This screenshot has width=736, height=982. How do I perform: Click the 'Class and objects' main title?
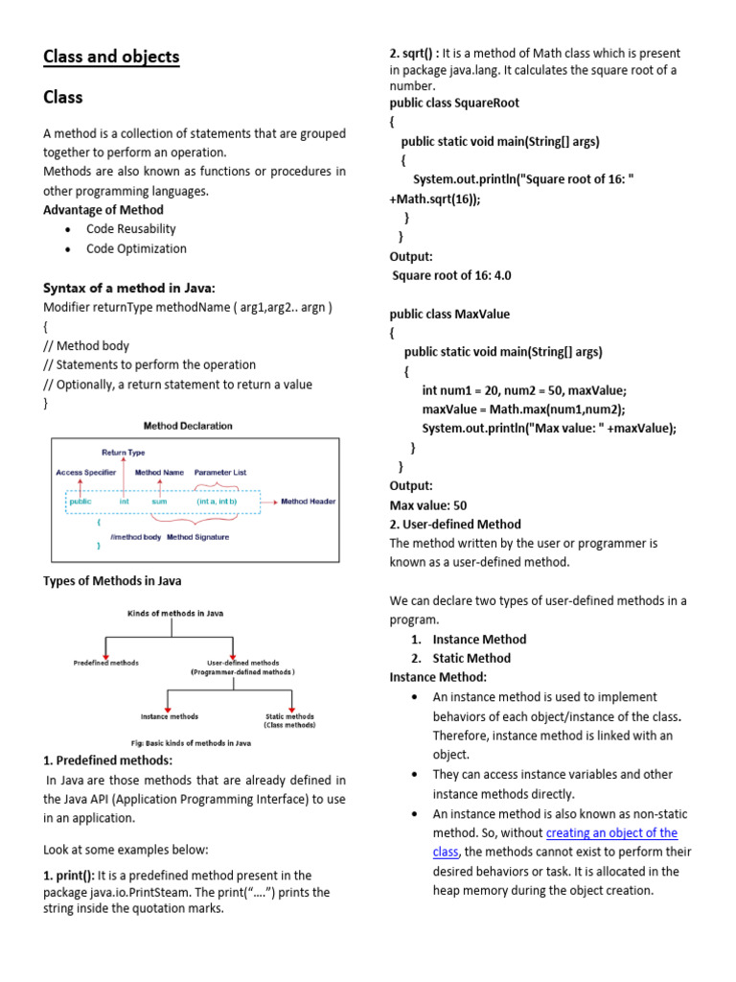click(111, 58)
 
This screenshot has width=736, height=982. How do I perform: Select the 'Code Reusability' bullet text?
click(131, 229)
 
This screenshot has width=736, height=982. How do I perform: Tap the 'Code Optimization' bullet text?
click(136, 248)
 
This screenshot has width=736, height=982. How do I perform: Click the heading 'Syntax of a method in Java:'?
click(129, 288)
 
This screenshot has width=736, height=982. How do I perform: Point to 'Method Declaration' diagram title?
click(188, 426)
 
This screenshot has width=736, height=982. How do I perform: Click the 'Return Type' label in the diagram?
click(124, 452)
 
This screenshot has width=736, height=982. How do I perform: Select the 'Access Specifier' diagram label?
click(86, 473)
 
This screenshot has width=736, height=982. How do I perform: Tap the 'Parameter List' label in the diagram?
click(220, 473)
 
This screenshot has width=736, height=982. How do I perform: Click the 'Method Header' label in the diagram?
click(308, 502)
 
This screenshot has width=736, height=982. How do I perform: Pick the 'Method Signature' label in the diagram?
click(198, 537)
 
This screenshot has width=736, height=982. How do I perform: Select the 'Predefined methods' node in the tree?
click(106, 663)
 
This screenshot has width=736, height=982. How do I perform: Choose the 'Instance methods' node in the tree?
click(170, 716)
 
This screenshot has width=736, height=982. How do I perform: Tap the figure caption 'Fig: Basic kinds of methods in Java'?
click(191, 742)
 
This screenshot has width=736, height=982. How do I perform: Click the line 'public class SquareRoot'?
click(454, 103)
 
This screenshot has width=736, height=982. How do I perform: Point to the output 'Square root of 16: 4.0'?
click(451, 275)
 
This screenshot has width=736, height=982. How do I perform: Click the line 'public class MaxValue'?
click(449, 314)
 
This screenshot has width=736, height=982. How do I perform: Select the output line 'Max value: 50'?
click(428, 505)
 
